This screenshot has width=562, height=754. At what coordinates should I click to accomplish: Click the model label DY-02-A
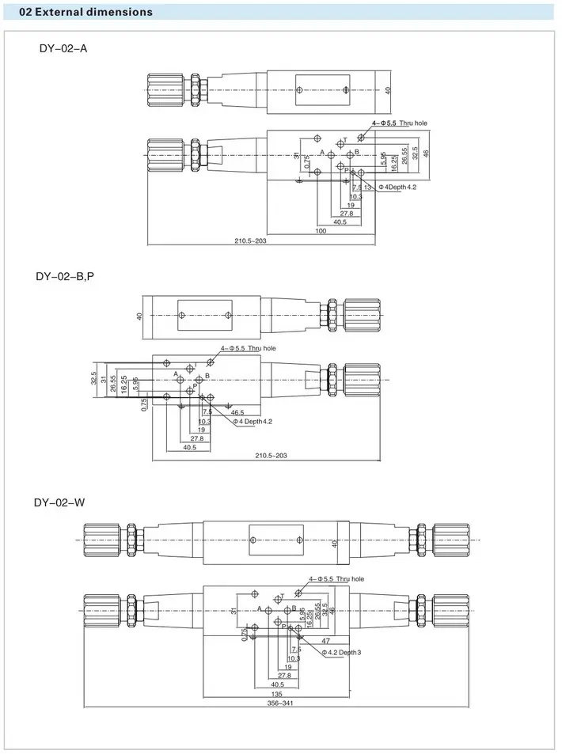63,48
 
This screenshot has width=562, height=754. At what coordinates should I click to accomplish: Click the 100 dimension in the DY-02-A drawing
321,231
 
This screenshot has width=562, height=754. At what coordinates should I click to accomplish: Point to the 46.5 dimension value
237,412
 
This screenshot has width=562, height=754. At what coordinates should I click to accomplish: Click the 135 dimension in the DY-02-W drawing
276,694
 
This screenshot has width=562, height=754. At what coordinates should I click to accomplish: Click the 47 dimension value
325,640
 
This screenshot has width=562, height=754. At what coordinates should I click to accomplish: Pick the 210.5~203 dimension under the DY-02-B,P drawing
271,455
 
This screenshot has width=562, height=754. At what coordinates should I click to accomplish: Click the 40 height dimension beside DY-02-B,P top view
139,316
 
